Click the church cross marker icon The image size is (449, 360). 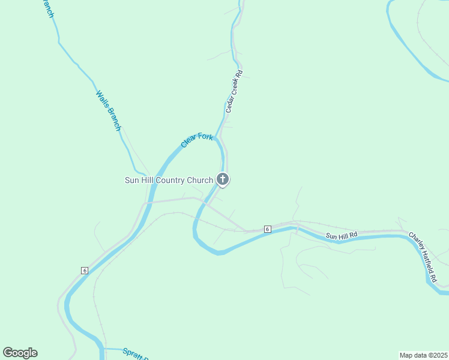(223, 179)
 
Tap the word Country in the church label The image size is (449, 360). (167, 180)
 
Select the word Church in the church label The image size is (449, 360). (200, 180)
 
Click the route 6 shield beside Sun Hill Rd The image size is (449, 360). (267, 229)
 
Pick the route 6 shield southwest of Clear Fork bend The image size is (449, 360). (85, 271)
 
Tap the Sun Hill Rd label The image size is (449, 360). (342, 235)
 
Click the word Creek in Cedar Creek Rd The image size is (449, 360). (235, 88)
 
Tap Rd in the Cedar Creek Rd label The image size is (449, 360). (239, 74)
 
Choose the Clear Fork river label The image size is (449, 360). (197, 142)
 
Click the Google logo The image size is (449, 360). (20, 353)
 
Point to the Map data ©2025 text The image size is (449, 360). (424, 355)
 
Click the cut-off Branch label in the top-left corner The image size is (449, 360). (49, 8)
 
